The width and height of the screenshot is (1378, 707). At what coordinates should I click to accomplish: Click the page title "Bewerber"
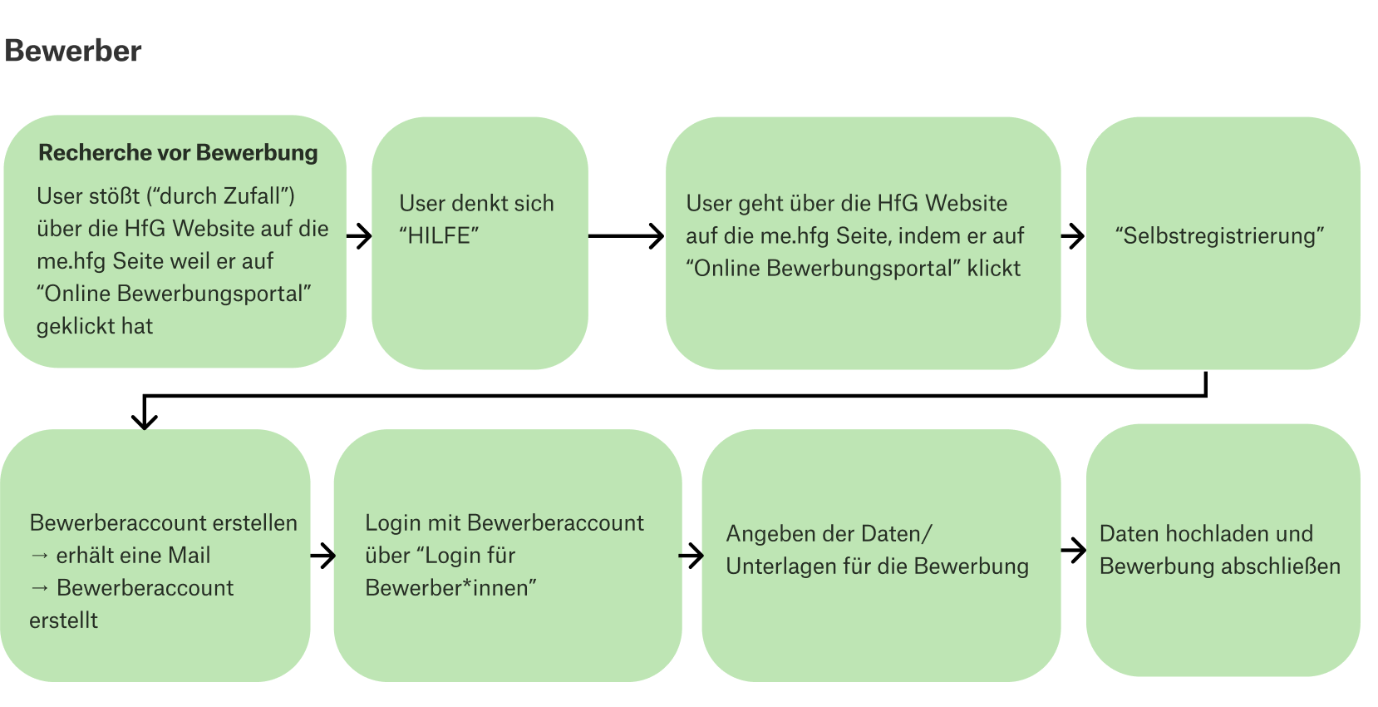click(73, 51)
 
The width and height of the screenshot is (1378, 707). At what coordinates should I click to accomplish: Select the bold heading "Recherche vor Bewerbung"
click(178, 153)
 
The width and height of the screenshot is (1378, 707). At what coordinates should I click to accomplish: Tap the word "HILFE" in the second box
click(439, 236)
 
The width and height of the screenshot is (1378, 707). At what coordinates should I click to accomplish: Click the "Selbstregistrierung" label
click(1219, 236)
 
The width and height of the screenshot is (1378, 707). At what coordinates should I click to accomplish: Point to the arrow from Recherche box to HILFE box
click(359, 236)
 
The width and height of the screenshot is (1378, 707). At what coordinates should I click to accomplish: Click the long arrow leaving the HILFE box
click(626, 236)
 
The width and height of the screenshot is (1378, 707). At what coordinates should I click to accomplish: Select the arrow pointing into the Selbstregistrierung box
click(1073, 236)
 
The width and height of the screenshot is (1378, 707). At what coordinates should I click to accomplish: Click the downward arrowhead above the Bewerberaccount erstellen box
click(145, 416)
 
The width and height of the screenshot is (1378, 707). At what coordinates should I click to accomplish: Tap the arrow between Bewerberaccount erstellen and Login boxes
click(322, 556)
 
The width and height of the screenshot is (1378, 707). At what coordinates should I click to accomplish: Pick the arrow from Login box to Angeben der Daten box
click(691, 556)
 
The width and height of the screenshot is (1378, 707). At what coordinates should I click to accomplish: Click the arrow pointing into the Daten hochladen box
click(1074, 550)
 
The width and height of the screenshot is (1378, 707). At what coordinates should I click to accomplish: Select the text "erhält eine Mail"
click(133, 556)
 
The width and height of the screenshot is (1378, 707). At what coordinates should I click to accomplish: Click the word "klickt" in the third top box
click(993, 269)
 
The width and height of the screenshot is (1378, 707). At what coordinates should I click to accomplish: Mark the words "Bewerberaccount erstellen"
click(163, 523)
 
